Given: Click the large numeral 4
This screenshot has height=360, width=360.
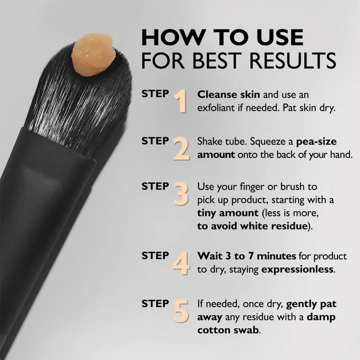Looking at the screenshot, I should tap(181, 263).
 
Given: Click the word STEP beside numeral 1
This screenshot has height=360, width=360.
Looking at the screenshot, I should tap(155, 93).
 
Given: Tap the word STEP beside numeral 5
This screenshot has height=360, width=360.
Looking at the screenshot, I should tap(155, 303).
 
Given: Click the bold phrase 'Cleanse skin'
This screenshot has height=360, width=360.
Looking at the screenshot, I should tap(228, 95).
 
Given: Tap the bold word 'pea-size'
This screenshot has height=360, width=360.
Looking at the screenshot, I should tap(316, 141).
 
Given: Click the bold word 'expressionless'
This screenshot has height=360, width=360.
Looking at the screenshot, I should tap(297, 270).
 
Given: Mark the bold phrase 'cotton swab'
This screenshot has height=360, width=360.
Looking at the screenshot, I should tap(229, 330).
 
